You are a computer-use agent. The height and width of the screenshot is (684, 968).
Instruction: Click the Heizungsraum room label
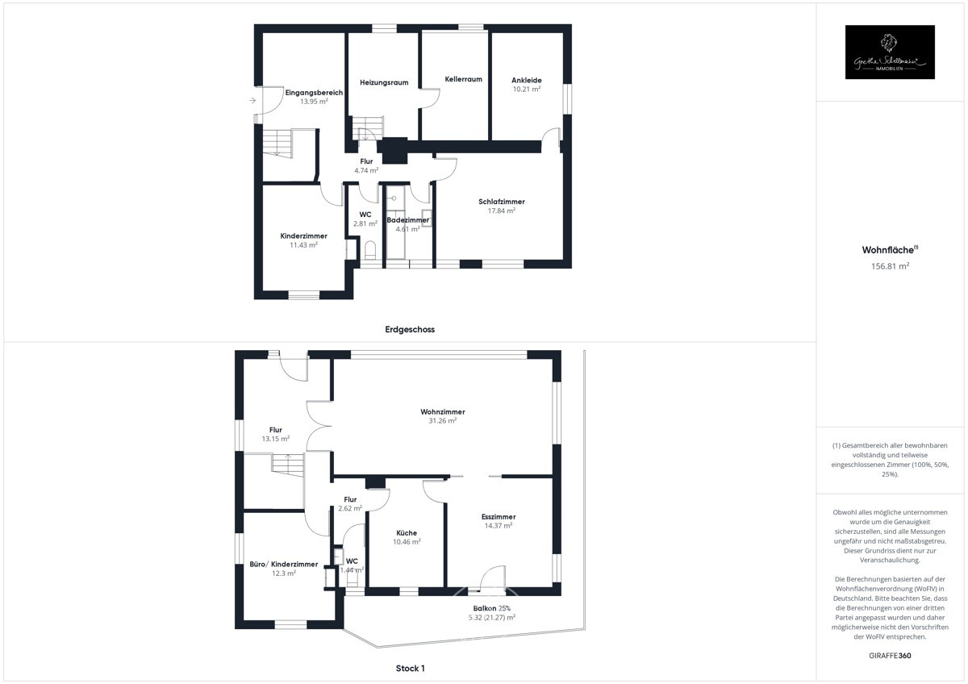383,82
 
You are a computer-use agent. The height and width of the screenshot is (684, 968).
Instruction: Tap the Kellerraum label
463,79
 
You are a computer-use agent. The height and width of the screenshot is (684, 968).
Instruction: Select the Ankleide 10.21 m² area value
526,89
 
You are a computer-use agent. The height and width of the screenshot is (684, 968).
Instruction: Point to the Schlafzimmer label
501,202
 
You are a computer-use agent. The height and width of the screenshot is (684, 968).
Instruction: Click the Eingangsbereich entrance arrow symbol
252,101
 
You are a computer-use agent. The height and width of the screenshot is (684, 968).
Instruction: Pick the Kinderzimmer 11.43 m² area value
303,244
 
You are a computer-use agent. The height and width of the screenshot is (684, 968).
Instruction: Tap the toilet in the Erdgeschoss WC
370,248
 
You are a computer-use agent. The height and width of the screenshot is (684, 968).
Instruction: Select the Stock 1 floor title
410,668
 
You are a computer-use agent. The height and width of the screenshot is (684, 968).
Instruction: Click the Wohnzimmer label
442,411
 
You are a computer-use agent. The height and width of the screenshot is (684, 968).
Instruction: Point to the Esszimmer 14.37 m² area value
498,525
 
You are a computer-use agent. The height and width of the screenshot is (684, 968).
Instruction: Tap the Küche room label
407,532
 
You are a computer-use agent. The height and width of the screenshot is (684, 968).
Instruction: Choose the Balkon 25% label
491,608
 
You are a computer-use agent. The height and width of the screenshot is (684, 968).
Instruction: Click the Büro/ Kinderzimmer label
283,564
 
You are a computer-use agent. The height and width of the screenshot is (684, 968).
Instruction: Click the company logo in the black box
890,52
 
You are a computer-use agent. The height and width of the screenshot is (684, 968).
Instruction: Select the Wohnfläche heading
884,250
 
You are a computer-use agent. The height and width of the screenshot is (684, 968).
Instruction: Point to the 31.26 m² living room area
442,420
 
